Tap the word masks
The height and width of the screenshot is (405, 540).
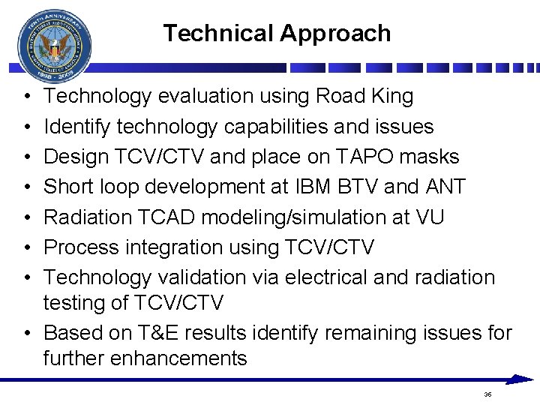coord(431,157)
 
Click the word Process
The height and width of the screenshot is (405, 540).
coord(82,247)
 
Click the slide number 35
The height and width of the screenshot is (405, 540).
coord(487,394)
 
